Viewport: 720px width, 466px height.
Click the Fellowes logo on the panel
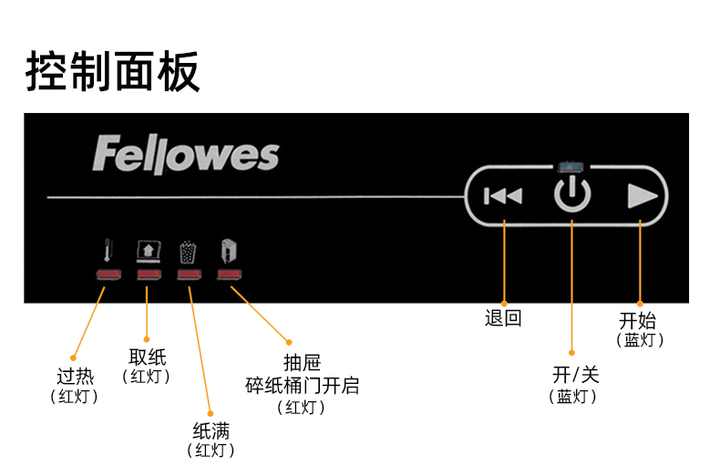click(185, 155)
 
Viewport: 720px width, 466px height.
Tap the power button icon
click(572, 195)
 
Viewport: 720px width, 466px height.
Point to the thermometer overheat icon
click(108, 252)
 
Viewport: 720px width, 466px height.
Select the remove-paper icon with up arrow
click(148, 252)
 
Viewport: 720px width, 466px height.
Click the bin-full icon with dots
click(189, 252)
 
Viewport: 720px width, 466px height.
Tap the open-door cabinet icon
click(229, 252)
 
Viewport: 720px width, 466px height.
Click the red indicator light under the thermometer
click(108, 274)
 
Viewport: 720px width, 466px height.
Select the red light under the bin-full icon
click(189, 274)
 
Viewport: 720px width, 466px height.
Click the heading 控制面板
click(112, 71)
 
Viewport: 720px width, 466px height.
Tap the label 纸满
click(211, 430)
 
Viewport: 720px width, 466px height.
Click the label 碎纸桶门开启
click(302, 386)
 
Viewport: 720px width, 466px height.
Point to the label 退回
click(503, 318)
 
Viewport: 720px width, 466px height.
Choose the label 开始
click(638, 320)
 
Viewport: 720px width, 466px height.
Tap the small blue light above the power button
click(572, 167)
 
